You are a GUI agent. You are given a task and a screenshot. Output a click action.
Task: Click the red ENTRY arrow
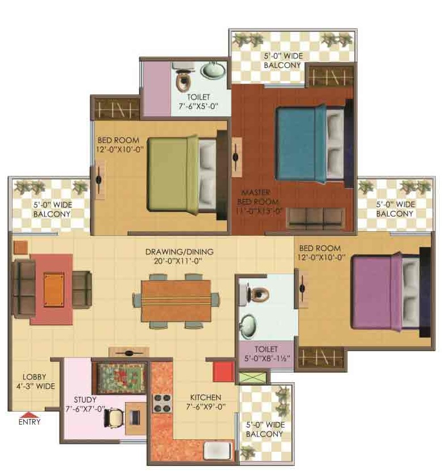29,415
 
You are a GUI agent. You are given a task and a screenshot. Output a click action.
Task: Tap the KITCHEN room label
205,397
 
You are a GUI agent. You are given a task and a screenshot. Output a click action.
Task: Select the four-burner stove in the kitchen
162,403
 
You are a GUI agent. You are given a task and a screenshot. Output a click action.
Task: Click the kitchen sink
218,450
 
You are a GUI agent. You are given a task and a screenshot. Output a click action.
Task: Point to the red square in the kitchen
224,371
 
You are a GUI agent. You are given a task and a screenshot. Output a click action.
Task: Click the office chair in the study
114,417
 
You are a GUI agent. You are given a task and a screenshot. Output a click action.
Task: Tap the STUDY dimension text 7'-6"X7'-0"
85,409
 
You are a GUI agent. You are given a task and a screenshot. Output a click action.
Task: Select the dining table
176,301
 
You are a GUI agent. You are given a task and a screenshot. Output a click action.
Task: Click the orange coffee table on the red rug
54,289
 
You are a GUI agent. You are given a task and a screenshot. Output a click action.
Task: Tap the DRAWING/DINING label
179,252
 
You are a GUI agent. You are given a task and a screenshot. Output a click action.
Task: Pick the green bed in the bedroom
182,175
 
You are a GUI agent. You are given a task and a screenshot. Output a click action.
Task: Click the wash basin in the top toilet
213,70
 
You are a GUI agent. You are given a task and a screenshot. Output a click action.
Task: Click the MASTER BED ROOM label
257,197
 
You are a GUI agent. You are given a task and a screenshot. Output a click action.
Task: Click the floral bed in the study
121,378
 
